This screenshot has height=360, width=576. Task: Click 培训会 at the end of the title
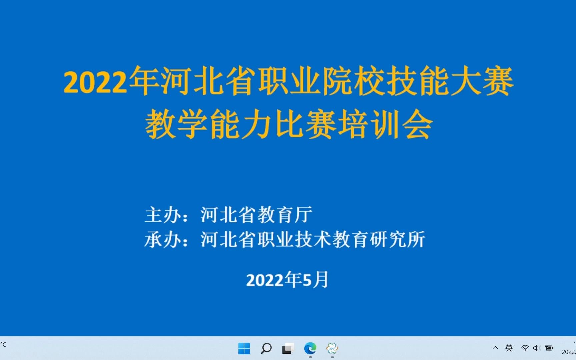click(x=385, y=125)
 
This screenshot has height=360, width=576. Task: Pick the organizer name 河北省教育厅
click(x=256, y=215)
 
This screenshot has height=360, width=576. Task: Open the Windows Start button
click(x=244, y=349)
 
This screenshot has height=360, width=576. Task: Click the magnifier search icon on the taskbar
click(x=266, y=349)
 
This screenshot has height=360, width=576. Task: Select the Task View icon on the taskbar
click(x=288, y=349)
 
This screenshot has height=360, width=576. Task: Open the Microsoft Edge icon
click(x=310, y=349)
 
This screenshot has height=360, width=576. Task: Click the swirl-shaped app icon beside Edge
click(x=332, y=349)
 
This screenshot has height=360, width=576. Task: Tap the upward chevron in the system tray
click(x=495, y=348)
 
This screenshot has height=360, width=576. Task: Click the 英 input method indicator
click(x=509, y=348)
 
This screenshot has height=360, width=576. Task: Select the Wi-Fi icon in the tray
click(x=525, y=348)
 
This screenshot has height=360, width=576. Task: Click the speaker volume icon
click(x=536, y=348)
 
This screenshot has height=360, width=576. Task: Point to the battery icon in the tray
click(x=549, y=348)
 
